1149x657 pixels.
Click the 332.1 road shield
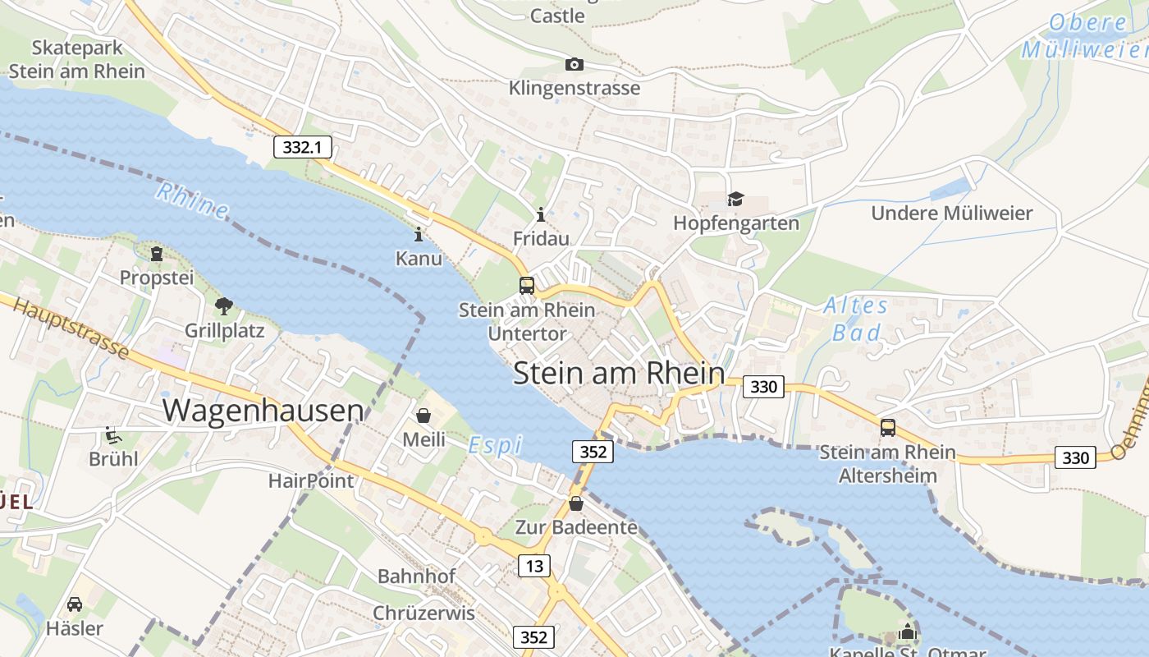click(302, 147)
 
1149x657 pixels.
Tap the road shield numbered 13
click(533, 565)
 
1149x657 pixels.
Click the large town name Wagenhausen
click(263, 410)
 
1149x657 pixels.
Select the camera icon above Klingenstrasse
click(574, 64)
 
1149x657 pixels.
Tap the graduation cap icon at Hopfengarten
click(735, 200)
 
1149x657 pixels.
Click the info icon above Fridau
click(540, 215)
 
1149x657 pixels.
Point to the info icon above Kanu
click(419, 235)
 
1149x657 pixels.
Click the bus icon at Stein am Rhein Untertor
click(527, 286)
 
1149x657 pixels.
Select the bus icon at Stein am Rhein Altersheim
click(888, 427)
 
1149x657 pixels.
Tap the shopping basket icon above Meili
click(423, 416)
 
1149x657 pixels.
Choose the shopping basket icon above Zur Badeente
click(576, 503)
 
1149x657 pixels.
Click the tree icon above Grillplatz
click(223, 307)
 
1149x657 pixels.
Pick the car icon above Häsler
click(74, 604)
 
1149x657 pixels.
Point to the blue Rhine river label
click(193, 200)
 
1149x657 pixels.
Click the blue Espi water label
click(495, 446)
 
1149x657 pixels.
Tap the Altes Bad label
click(856, 319)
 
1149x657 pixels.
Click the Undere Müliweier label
click(951, 214)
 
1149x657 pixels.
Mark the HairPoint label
click(311, 480)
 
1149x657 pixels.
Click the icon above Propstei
click(157, 254)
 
